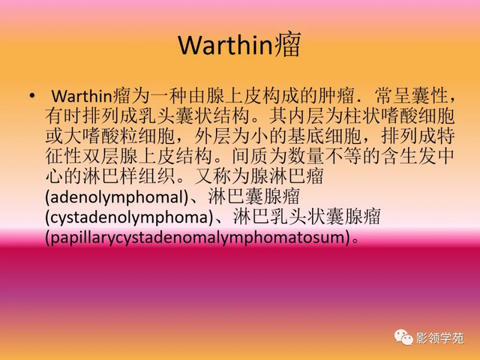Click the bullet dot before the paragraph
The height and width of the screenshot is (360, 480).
31,97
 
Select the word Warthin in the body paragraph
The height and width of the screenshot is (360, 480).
82,97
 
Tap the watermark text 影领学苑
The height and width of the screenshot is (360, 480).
439,337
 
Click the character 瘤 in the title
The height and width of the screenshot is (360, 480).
289,46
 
